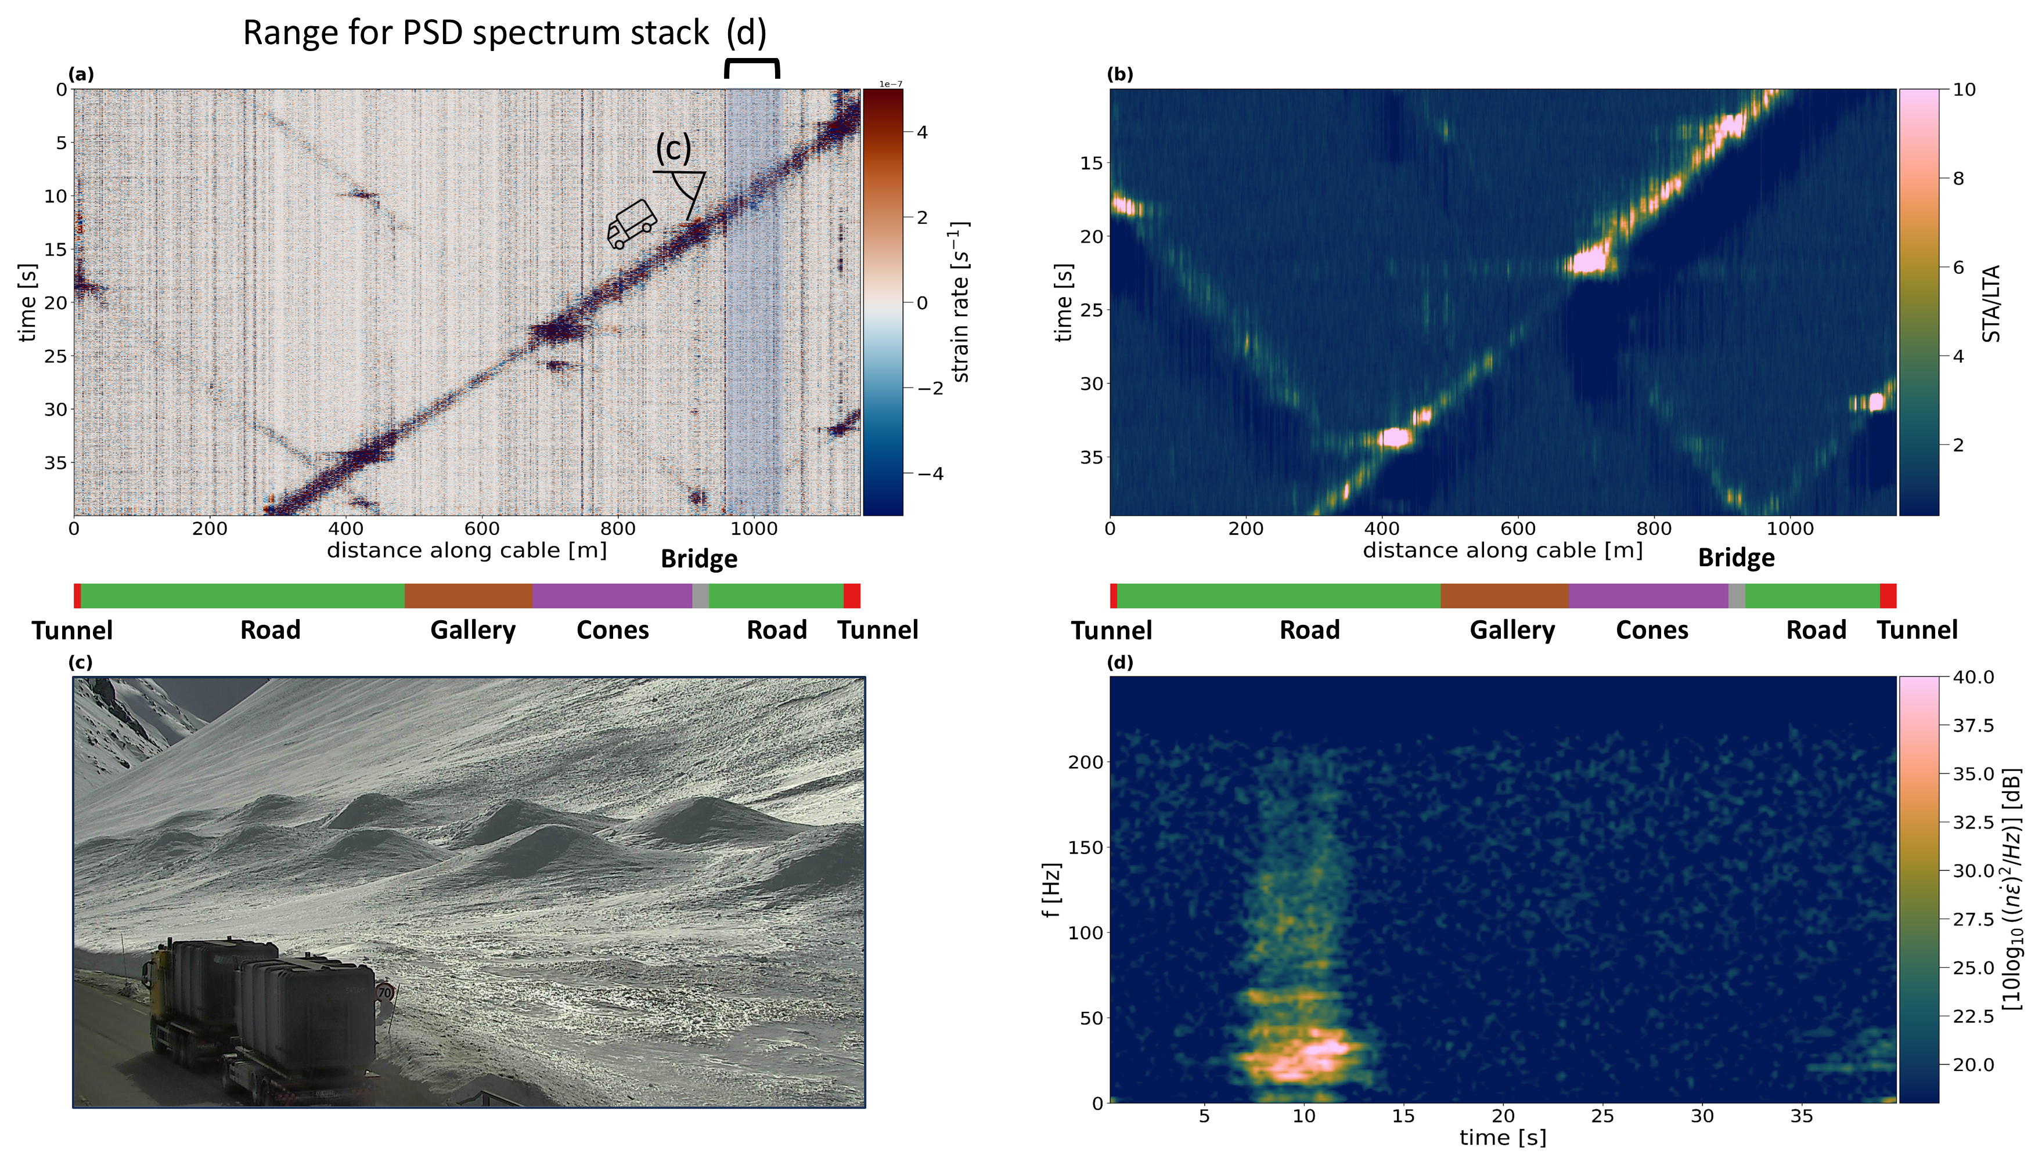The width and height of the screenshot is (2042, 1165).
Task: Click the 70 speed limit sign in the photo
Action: coord(385,993)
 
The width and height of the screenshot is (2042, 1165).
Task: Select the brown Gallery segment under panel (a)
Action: coord(469,596)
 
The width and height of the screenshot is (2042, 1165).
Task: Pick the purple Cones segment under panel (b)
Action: coord(1648,596)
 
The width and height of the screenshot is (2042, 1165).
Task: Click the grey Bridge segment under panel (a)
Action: coord(700,596)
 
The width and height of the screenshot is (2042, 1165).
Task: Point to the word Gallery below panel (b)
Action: coord(1512,631)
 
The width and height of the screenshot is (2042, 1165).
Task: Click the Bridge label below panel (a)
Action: coord(699,559)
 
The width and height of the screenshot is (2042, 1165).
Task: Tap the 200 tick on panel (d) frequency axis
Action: coord(1085,762)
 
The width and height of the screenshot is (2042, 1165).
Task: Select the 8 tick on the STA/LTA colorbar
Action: coord(1958,179)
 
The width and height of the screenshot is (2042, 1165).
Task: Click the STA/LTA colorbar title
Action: coord(1991,303)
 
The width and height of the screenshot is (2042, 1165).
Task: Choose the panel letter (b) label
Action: coord(1119,74)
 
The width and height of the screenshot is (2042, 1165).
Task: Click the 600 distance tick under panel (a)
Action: coord(482,529)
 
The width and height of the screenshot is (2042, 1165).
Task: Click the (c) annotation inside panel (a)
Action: coord(673,149)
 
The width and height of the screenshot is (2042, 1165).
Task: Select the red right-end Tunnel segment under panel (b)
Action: coord(1888,596)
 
